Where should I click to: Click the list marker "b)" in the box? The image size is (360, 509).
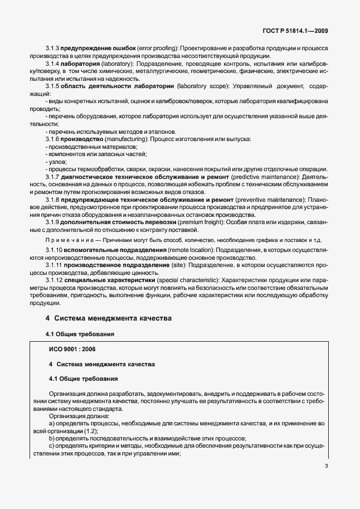coord(52,438)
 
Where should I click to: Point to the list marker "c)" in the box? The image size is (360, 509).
coord(52,446)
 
